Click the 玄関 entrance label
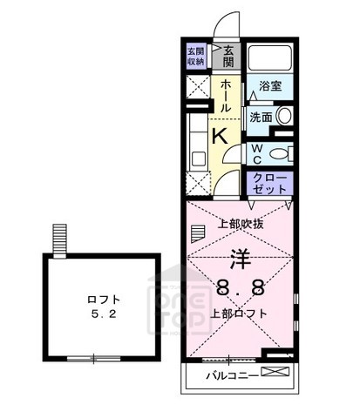click(x=228, y=57)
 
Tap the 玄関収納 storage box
click(x=196, y=56)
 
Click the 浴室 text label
click(x=270, y=86)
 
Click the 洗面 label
click(x=260, y=116)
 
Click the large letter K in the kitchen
click(x=221, y=135)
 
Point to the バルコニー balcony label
click(x=231, y=376)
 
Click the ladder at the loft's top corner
click(x=59, y=239)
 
